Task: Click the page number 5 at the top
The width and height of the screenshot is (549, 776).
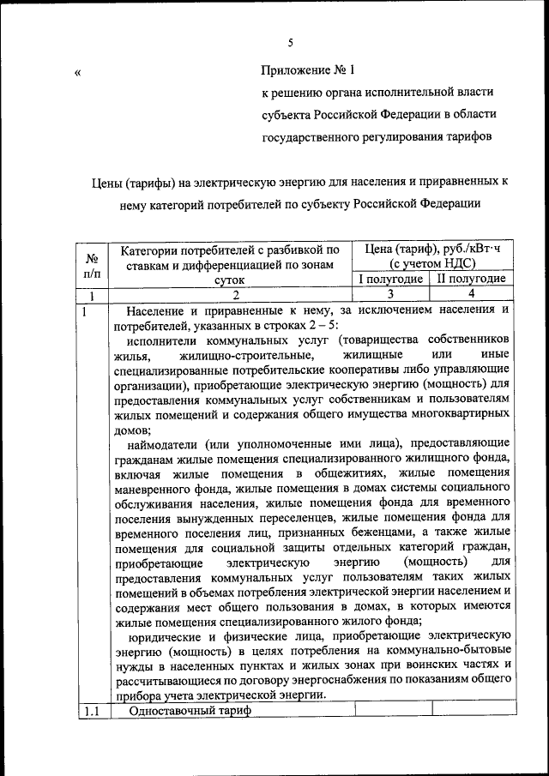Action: (x=290, y=42)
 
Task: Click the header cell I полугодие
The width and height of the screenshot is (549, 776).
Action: (x=390, y=279)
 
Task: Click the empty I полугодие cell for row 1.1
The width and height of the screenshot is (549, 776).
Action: (x=390, y=711)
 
